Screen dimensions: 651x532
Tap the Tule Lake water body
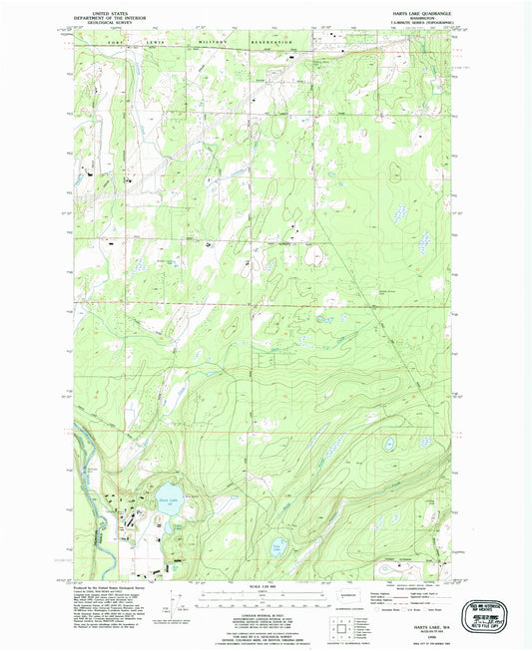pos(278,547)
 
